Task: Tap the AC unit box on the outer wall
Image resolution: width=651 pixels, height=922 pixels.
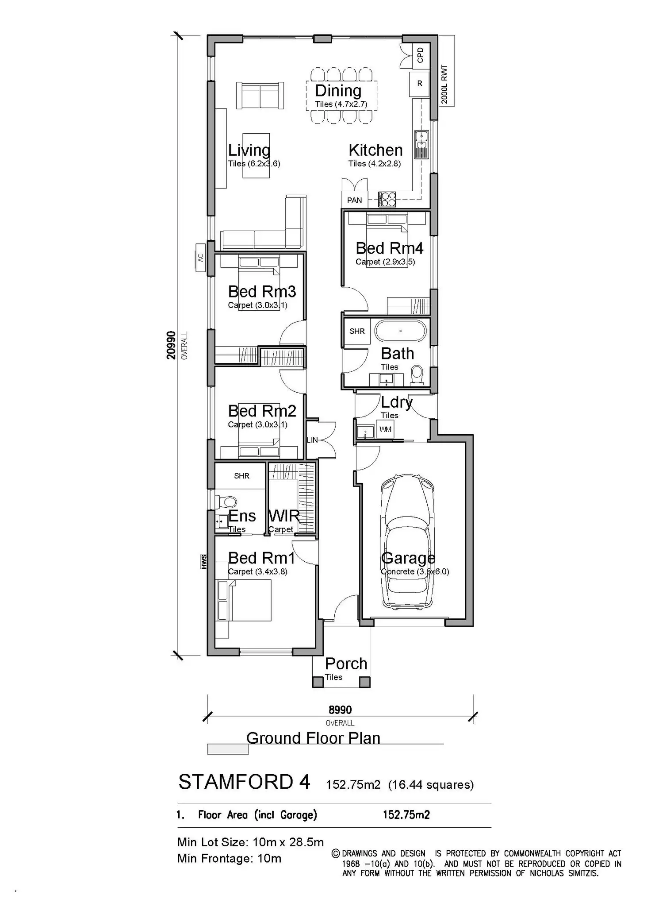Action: point(200,257)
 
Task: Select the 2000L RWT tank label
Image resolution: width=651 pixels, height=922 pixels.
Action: point(445,85)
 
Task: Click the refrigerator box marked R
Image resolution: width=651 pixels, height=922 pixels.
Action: point(419,84)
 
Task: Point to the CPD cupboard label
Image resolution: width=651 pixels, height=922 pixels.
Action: point(421,55)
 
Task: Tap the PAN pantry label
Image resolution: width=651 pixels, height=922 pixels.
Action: point(354,201)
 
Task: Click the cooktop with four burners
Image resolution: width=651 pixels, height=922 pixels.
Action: point(387,199)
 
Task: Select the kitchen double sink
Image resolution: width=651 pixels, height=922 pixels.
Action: point(421,144)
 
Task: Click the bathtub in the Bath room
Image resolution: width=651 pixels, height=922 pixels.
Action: point(401,331)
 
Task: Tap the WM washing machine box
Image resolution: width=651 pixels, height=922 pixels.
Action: point(385,430)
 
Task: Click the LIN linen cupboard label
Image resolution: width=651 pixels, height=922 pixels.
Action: point(312,440)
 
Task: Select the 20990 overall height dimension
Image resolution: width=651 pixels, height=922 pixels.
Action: point(172,345)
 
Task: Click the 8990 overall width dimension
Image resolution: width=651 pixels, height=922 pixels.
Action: point(340,710)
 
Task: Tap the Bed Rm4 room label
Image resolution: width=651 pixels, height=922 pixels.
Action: point(389,248)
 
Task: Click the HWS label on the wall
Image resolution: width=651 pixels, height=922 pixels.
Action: point(204,562)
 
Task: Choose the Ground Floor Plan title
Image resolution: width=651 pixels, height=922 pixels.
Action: point(313,738)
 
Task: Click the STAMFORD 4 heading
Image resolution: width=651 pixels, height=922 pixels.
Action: point(244,783)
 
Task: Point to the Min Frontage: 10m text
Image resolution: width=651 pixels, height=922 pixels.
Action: point(229,859)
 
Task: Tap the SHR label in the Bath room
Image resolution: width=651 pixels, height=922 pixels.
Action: point(357,331)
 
